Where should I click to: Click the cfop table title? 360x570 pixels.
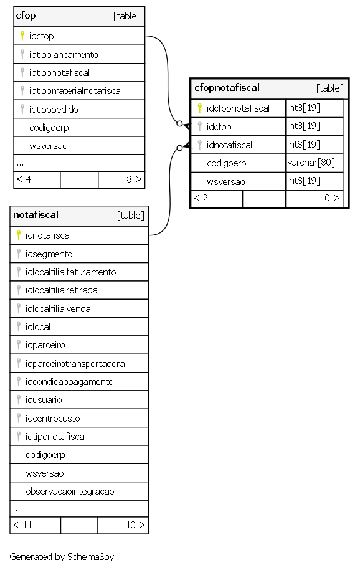[x=26, y=16]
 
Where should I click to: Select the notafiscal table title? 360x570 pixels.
[x=36, y=215]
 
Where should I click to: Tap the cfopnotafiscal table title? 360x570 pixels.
[x=227, y=88]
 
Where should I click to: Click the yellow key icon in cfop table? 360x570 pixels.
[x=22, y=36]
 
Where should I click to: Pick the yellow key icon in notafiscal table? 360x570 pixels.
[x=19, y=235]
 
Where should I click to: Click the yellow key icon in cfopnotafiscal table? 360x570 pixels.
[x=200, y=108]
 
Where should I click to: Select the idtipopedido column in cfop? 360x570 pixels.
[x=54, y=110]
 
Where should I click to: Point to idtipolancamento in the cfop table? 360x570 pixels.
[x=64, y=55]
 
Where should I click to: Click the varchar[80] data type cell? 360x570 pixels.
[x=311, y=163]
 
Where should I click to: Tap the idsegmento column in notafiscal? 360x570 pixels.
[x=49, y=254]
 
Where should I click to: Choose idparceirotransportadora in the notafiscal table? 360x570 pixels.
[x=75, y=364]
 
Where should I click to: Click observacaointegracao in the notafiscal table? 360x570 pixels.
[x=70, y=492]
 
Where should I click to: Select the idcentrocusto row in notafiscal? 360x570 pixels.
[x=53, y=419]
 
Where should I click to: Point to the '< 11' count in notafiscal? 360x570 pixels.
[x=22, y=525]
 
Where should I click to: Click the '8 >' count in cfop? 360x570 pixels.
[x=134, y=179]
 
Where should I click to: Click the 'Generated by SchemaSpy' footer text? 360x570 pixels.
[x=62, y=556]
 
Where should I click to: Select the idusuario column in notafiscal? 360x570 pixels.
[x=44, y=400]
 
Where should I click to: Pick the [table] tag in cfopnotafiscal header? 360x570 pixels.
[x=330, y=88]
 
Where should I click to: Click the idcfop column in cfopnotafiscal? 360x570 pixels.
[x=219, y=126]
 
